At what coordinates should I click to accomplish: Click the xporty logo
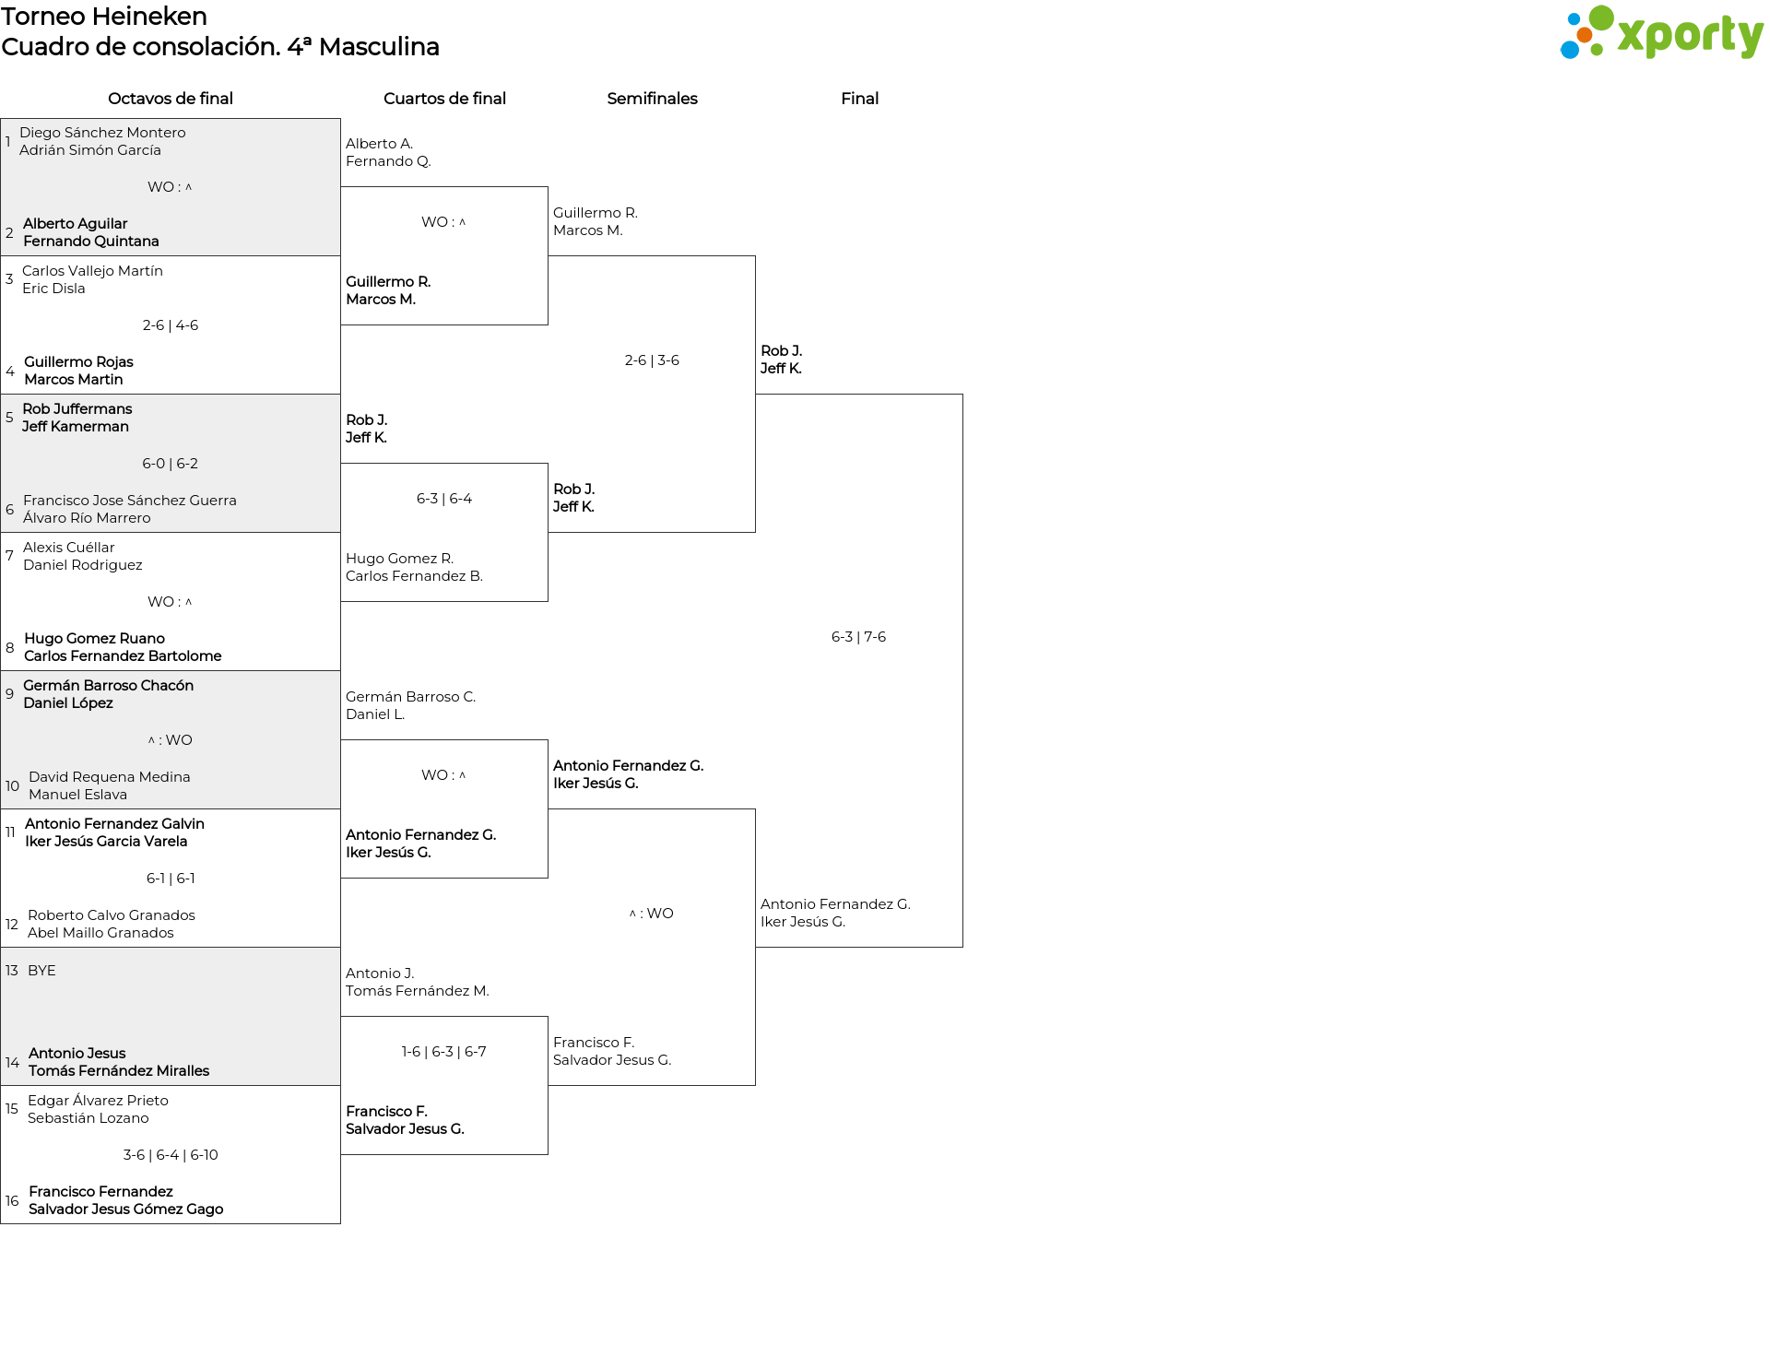1661,33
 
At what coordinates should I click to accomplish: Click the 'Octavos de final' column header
171,99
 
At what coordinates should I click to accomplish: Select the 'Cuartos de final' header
444,99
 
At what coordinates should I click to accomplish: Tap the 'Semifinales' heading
652,99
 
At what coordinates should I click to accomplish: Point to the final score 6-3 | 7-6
858,637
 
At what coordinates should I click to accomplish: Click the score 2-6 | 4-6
171,325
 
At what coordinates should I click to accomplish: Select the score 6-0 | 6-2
171,464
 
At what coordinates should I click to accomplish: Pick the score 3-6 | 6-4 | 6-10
171,1155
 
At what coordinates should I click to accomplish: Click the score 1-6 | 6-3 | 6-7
444,1052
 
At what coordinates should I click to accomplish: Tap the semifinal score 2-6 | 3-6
652,360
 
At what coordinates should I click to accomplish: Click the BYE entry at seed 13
41,971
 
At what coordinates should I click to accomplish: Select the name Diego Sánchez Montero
102,133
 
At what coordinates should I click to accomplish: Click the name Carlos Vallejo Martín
92,271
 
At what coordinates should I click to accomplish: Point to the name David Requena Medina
110,777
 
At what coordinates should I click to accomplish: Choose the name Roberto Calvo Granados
112,915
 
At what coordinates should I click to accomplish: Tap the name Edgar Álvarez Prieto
98,1101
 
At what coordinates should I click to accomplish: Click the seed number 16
12,1200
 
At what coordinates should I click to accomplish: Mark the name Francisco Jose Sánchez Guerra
130,501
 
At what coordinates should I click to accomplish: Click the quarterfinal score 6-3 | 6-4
444,499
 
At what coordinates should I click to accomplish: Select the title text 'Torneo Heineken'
104,17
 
